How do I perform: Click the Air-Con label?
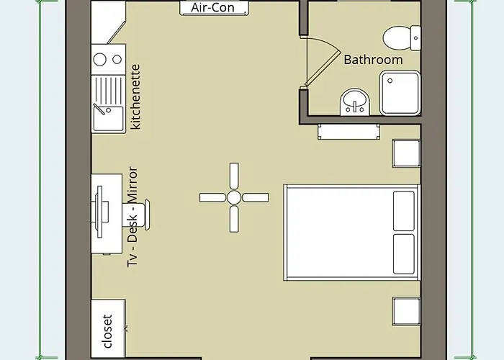(212, 8)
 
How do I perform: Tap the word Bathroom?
(373, 60)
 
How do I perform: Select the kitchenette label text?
(135, 96)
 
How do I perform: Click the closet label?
(108, 331)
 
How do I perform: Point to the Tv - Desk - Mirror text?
(132, 216)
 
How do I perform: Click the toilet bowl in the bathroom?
(397, 38)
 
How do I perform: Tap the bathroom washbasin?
(355, 102)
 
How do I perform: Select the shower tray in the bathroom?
(400, 93)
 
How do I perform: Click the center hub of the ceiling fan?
(234, 198)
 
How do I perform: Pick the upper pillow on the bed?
(404, 211)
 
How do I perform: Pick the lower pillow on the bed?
(404, 254)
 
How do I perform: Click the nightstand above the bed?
(407, 153)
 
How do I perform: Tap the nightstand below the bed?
(407, 311)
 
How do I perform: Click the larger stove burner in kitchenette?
(100, 60)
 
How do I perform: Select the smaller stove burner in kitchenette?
(117, 60)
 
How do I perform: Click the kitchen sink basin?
(108, 119)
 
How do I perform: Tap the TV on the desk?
(100, 212)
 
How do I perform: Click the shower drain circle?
(390, 81)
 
